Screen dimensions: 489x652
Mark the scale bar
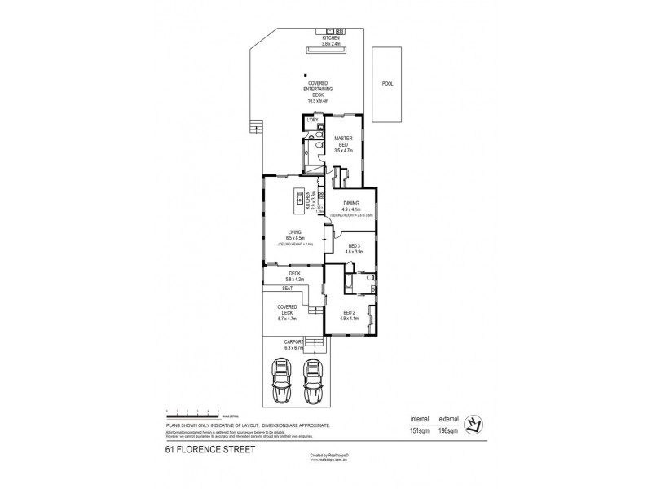click(192, 412)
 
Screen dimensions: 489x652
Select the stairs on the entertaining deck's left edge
click(259, 126)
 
